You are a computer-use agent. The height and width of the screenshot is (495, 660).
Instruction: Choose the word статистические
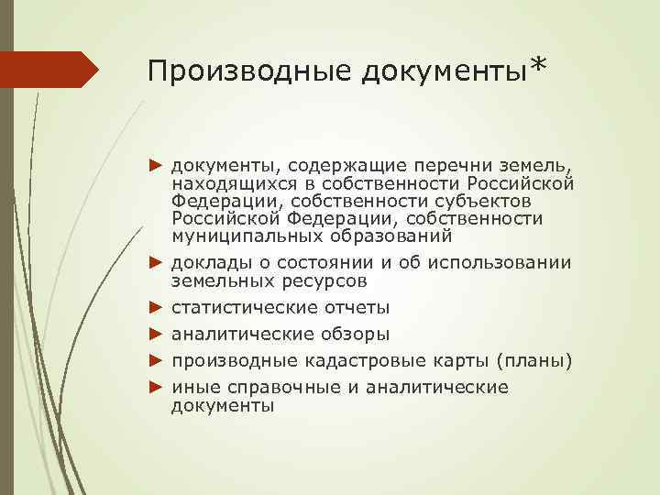pyautogui.click(x=245, y=307)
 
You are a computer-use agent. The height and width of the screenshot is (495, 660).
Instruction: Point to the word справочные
pyautogui.click(x=277, y=387)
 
